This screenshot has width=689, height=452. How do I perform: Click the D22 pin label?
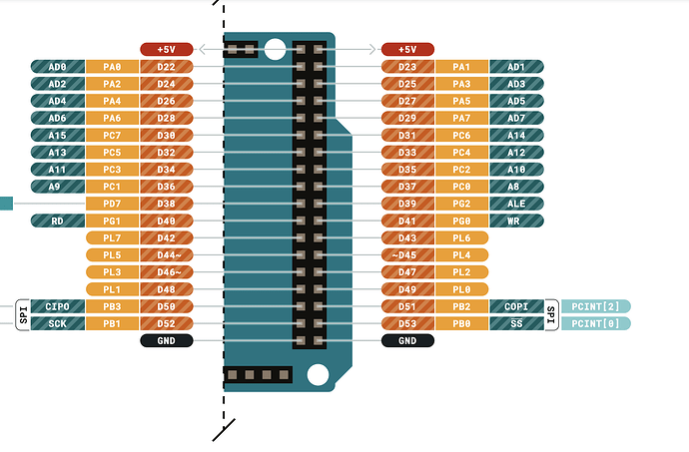coord(167,67)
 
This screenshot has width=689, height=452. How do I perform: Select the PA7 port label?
coord(461,118)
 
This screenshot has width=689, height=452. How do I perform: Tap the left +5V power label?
coord(167,49)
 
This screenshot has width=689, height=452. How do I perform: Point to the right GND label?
coord(407,341)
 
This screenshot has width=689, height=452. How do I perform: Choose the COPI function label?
coord(516,306)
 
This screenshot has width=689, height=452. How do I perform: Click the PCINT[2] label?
coord(596,306)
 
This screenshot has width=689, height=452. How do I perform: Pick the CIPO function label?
coord(58,306)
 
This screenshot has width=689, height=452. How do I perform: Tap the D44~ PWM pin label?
coord(167,255)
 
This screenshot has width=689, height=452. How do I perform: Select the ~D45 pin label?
coord(407,255)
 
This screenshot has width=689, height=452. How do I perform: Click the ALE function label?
coord(517,204)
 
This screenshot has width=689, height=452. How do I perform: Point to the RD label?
coord(58,221)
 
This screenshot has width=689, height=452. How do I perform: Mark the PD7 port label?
coord(112,204)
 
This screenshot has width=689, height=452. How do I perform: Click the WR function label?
coord(517,221)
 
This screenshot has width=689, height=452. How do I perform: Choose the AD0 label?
coord(58,67)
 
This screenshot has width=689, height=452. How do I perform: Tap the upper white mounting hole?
coord(276,49)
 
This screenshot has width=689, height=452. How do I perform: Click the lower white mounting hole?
coord(318,375)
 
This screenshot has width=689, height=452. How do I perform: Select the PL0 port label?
coord(461,289)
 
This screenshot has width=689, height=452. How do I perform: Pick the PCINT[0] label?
coord(596,323)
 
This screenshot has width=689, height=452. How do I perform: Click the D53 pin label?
coord(407,323)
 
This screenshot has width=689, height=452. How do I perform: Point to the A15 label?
coord(58,136)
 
